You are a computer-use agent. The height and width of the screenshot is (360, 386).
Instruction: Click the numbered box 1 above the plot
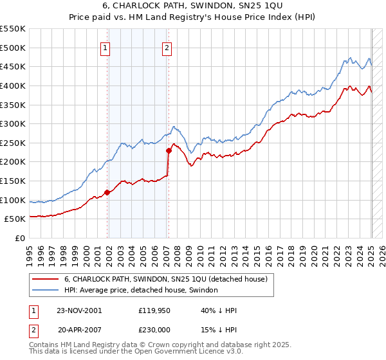(105, 47)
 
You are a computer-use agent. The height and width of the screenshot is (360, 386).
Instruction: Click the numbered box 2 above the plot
(167, 47)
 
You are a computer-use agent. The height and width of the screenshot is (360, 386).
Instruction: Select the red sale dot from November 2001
(107, 192)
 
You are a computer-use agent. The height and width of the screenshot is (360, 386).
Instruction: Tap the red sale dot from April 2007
(169, 150)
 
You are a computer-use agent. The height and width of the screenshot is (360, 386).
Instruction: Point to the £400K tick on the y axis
(14, 85)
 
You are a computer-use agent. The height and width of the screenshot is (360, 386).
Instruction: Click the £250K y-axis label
(14, 143)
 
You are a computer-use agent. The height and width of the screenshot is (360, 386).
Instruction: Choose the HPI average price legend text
(141, 290)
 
